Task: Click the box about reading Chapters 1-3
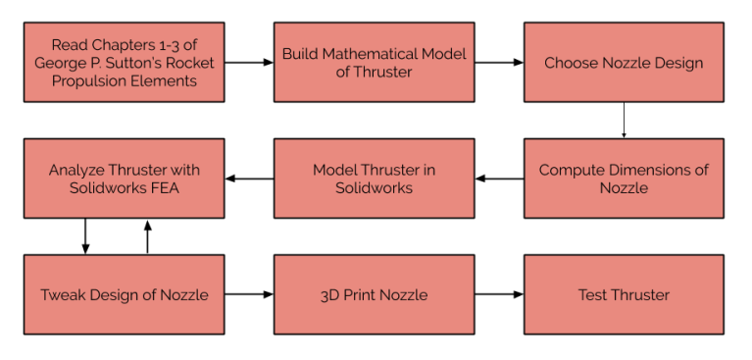coord(124,63)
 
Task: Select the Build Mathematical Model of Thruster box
coord(374,63)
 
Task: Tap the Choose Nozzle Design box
coord(624,63)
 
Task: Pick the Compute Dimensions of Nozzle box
coord(624,178)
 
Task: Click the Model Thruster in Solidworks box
coord(374,178)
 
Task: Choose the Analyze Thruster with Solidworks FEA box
coord(124,178)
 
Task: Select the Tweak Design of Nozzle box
coord(124,294)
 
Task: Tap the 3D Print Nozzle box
coord(374,294)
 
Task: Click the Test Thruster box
coord(624,294)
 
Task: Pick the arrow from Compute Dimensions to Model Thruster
coord(498,179)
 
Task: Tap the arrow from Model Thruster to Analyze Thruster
coord(249,179)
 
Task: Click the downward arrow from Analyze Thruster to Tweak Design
coord(85,236)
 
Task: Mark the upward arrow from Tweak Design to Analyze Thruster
coord(148,236)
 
